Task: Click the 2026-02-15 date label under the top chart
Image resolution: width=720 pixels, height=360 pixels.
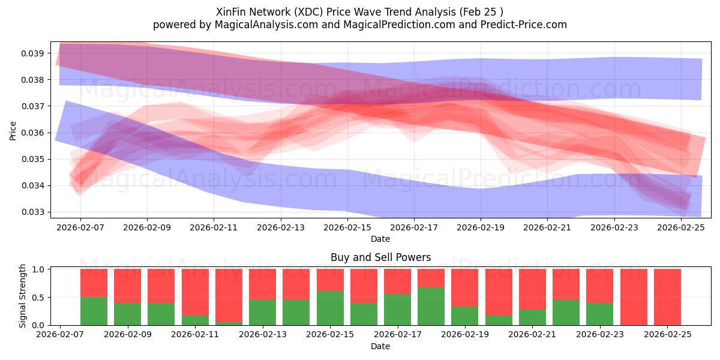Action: point(347,228)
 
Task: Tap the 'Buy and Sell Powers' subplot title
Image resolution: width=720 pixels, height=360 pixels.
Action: point(380,257)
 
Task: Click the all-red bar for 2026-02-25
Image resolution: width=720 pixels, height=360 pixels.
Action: point(667,297)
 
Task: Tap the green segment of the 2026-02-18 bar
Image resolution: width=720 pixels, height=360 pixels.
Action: point(431,306)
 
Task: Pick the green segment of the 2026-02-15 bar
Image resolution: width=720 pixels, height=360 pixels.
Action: point(330,308)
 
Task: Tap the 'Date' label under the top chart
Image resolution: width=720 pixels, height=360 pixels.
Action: point(380,239)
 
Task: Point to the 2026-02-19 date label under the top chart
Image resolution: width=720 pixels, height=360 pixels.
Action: point(481,228)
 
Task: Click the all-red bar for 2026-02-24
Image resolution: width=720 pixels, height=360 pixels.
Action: point(634,297)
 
